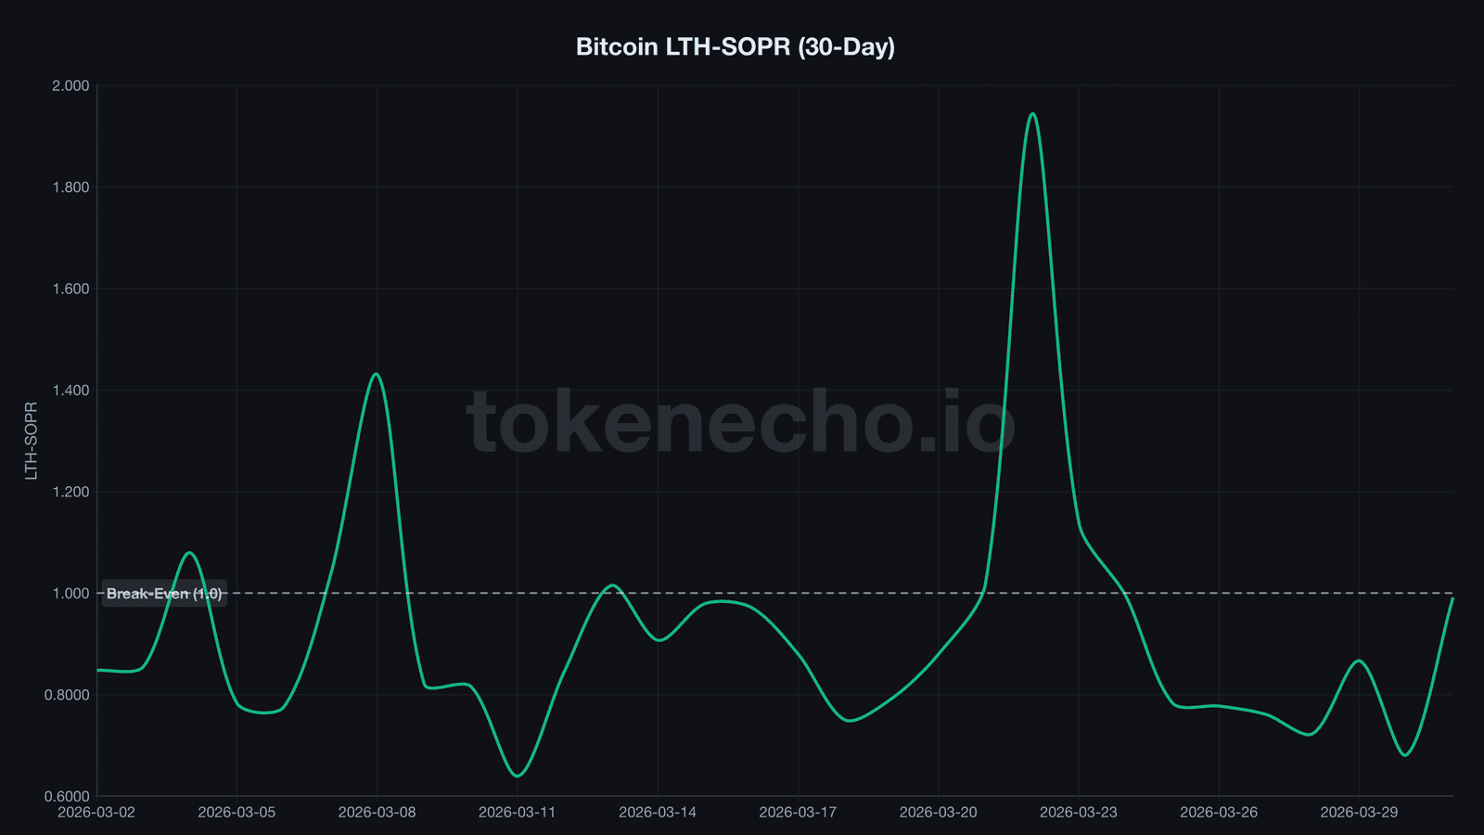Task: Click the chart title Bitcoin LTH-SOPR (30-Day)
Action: tap(735, 46)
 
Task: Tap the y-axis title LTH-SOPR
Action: tap(32, 441)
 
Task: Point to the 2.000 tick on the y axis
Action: tap(70, 85)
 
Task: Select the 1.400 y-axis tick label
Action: tap(70, 391)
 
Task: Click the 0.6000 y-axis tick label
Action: tap(67, 796)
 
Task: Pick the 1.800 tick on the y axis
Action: tap(70, 187)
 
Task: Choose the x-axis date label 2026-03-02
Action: tap(96, 812)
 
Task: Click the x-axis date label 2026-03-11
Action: tap(517, 812)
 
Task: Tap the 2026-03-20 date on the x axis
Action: tap(938, 812)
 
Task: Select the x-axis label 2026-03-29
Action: tap(1359, 812)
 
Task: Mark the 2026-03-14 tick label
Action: tap(657, 812)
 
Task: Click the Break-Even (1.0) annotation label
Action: tap(164, 594)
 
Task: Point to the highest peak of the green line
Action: tap(1032, 114)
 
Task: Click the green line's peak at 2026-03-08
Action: tap(376, 374)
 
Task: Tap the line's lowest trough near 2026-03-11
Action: tap(517, 776)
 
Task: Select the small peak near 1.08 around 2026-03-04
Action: tap(189, 553)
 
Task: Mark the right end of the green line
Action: tap(1452, 598)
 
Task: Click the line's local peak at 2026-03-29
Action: tap(1359, 661)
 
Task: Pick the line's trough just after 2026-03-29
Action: tap(1405, 755)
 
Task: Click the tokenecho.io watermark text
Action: tap(740, 423)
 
